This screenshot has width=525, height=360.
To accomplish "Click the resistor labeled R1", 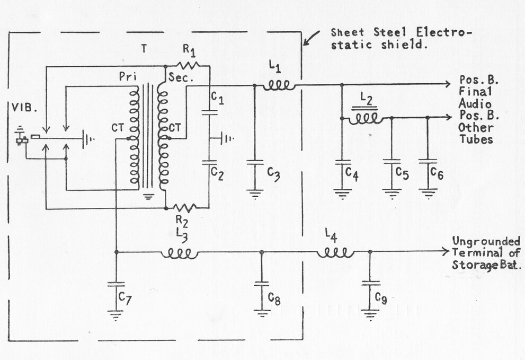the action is click(188, 65).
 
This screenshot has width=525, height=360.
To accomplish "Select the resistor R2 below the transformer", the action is click(185, 208).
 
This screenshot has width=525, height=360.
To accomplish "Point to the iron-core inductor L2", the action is click(365, 116).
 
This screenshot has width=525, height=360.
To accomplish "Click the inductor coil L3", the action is click(180, 254).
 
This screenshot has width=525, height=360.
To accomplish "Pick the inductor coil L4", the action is click(335, 253).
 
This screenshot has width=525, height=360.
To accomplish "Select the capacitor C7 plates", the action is click(116, 284).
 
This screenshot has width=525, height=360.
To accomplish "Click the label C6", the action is click(437, 173).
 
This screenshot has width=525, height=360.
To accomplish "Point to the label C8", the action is click(274, 298).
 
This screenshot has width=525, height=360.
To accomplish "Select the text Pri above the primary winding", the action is click(128, 77).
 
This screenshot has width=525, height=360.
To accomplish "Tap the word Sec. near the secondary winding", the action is click(181, 78).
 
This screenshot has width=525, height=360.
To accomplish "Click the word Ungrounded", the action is click(486, 241).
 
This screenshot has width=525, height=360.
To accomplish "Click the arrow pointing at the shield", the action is click(311, 38).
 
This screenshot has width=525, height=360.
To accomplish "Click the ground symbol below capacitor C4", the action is click(342, 195).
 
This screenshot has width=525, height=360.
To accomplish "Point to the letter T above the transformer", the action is click(144, 49).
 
